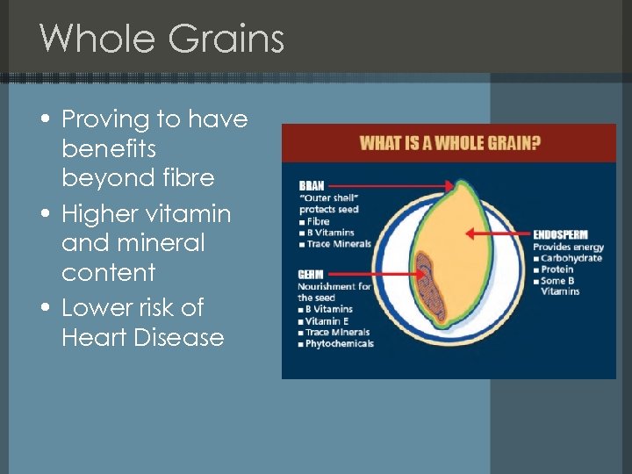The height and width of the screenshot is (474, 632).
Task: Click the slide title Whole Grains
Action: tap(162, 39)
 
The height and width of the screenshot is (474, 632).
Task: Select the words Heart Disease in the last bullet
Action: tap(142, 337)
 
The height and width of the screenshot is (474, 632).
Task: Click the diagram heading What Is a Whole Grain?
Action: tap(449, 143)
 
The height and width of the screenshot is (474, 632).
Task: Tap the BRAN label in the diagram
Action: tap(312, 186)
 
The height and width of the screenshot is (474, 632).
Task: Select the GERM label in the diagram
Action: tap(312, 275)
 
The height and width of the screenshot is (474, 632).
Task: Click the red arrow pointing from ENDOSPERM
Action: tap(496, 234)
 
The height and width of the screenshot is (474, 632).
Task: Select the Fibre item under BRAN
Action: tap(318, 221)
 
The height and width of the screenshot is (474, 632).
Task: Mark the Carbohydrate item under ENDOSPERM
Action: tap(571, 258)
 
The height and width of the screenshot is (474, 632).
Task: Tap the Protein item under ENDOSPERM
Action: tap(560, 269)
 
